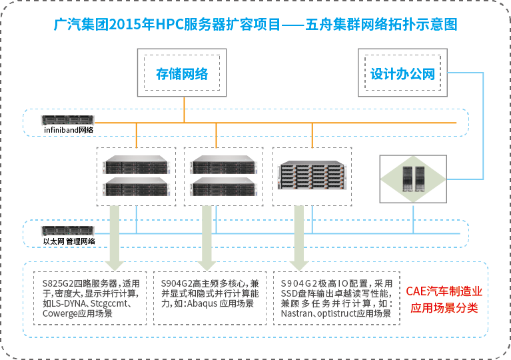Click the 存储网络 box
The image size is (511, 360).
tap(182, 73)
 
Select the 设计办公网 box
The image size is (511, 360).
tap(402, 73)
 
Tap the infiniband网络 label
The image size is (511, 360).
tap(69, 130)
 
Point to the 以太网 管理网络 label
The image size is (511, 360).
tap(69, 241)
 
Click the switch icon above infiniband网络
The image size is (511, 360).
tap(69, 120)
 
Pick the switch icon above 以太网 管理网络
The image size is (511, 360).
tap(69, 231)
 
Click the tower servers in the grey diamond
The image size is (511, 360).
tap(413, 178)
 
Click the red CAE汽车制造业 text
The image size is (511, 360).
tap(444, 291)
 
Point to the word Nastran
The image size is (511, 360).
tap(296, 313)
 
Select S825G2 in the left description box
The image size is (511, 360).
tap(57, 283)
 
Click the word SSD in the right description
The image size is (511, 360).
tap(290, 293)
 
